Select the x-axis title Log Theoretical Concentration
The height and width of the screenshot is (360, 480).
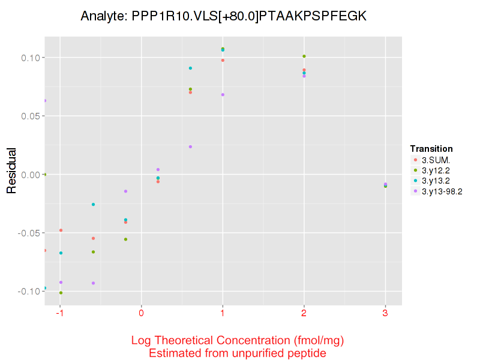click(x=238, y=341)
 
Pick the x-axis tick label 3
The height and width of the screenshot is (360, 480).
click(x=385, y=313)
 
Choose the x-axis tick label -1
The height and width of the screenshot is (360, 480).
click(x=60, y=313)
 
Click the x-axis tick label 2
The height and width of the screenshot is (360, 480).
click(x=304, y=313)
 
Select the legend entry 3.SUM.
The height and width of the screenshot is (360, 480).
click(x=436, y=160)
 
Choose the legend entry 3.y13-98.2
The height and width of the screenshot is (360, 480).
click(x=442, y=191)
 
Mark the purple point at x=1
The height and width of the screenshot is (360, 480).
click(x=223, y=95)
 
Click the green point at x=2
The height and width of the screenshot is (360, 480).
click(x=304, y=56)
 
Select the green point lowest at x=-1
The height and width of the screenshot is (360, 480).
click(x=61, y=293)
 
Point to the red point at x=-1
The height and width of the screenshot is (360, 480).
click(x=61, y=230)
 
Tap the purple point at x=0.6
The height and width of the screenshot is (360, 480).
click(x=190, y=146)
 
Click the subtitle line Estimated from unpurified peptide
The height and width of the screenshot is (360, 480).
click(x=238, y=353)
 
